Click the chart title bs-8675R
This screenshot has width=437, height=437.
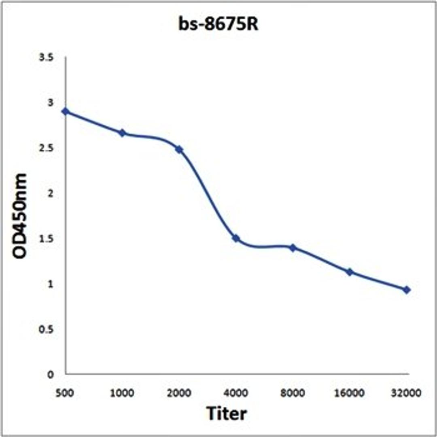[218, 25]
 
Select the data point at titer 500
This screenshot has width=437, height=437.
[66, 112]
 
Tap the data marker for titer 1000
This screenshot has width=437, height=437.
[122, 133]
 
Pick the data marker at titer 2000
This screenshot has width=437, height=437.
[179, 150]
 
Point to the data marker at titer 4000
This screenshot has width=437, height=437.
[236, 238]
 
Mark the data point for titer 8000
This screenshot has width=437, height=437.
[293, 247]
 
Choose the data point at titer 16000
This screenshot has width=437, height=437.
[350, 272]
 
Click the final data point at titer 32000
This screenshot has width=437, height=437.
[407, 290]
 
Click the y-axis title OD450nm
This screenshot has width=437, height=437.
[19, 216]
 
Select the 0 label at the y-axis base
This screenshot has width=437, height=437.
[51, 375]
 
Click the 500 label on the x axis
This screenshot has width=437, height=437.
[66, 392]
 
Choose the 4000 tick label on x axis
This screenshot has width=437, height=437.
[236, 392]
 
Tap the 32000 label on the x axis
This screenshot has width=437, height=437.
[407, 392]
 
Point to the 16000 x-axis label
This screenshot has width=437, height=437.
[350, 392]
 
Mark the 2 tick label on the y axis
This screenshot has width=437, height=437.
[51, 193]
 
